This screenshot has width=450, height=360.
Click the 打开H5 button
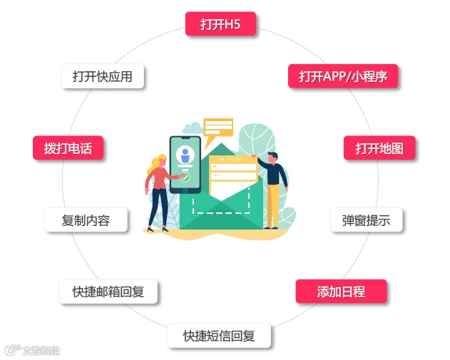tap(220, 24)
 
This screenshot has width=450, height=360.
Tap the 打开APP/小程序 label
tap(342, 76)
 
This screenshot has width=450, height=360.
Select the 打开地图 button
tap(379, 148)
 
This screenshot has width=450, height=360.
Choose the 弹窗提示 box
tap(366, 220)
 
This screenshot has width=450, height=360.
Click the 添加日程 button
tap(341, 291)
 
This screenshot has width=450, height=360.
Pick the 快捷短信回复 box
tap(219, 336)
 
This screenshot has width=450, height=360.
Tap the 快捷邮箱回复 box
tap(108, 292)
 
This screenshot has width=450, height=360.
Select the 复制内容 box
tap(86, 220)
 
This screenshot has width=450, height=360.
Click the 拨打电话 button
tap(68, 148)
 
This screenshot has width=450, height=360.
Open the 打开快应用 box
tap(103, 76)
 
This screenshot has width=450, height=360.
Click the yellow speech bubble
tap(218, 128)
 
